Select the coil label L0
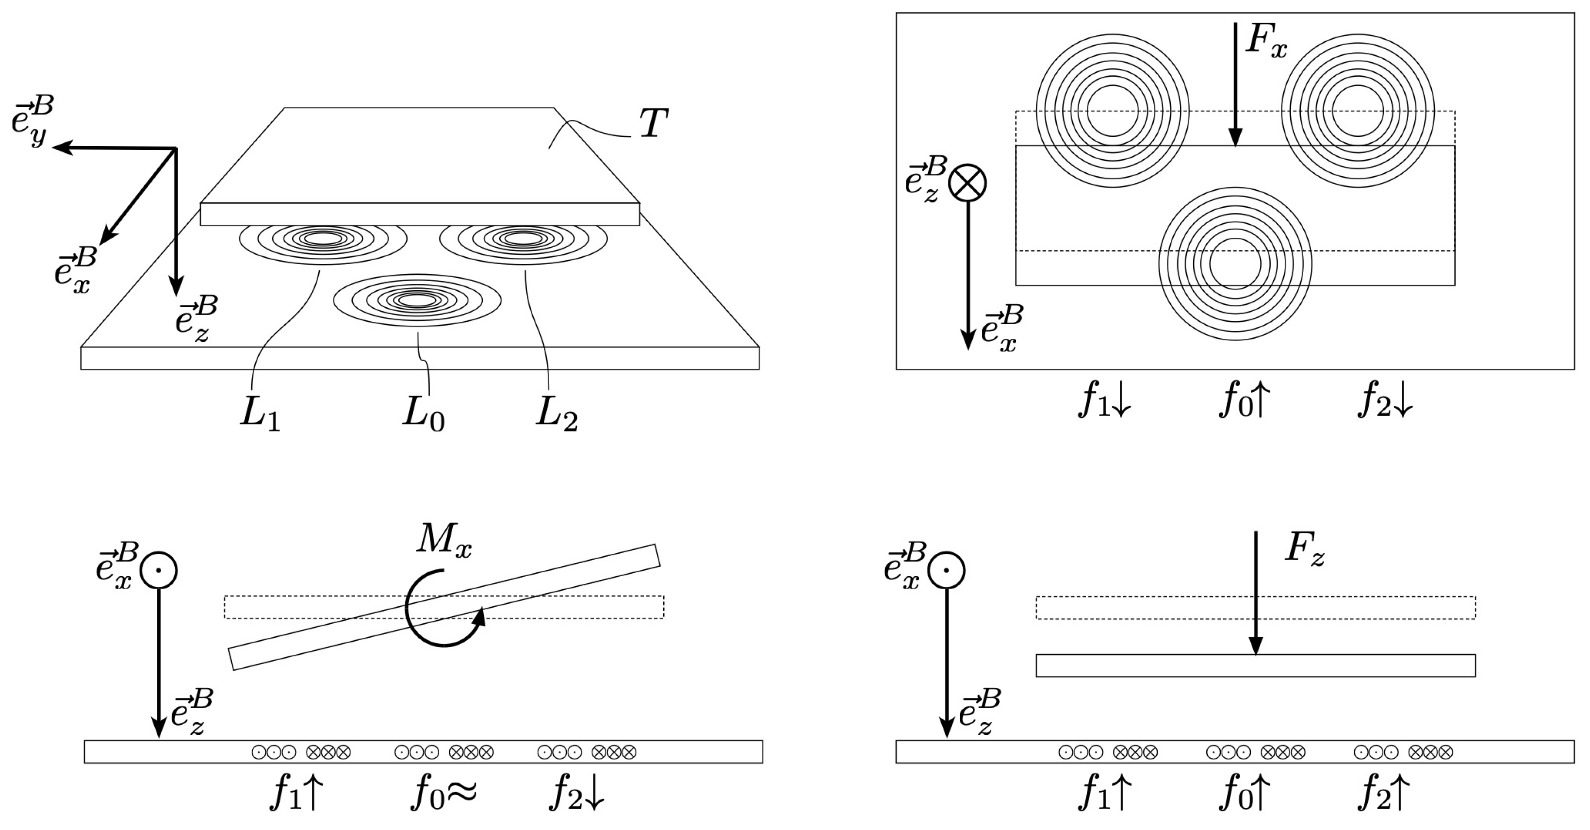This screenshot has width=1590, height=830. (423, 415)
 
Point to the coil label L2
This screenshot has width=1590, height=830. (556, 415)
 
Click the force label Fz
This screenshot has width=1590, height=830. (1304, 548)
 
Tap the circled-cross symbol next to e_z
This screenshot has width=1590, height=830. (967, 183)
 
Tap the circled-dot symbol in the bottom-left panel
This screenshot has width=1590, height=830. (159, 570)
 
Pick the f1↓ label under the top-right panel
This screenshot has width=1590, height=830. (1105, 401)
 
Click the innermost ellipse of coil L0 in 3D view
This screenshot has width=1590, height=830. (417, 300)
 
